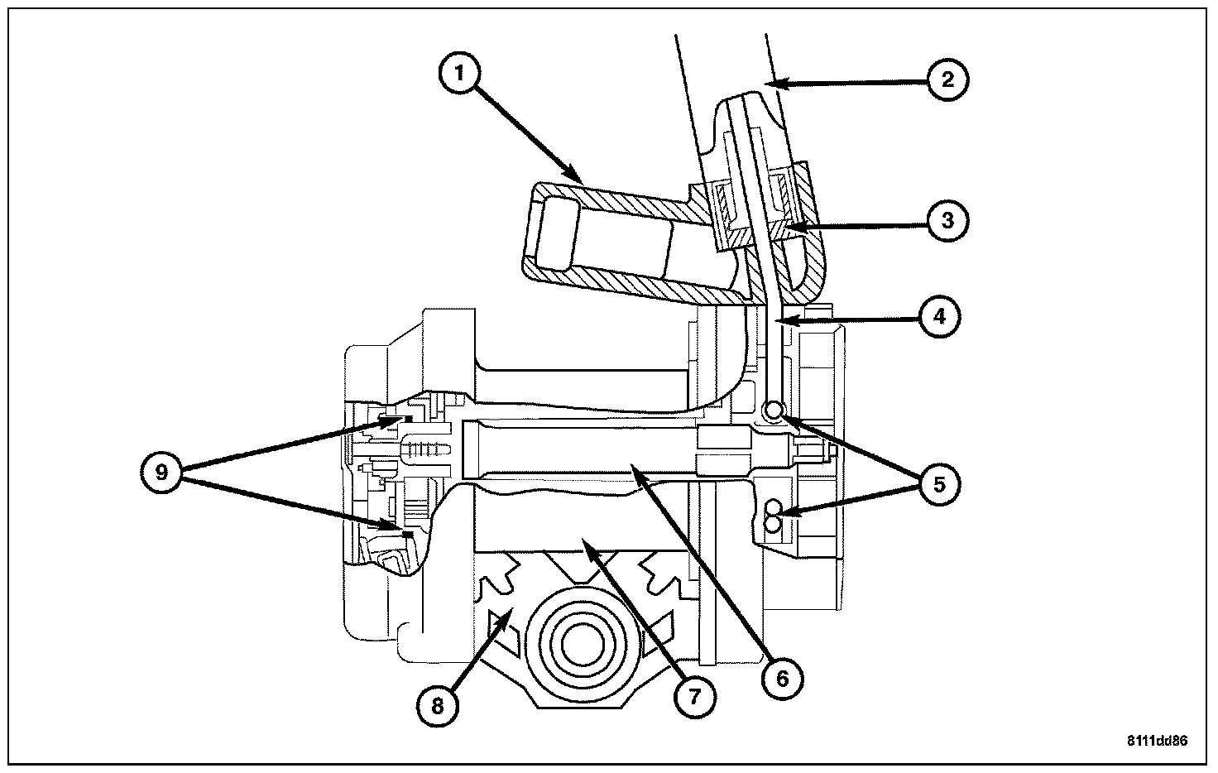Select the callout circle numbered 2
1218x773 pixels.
[947, 80]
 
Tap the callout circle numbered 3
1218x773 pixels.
[947, 220]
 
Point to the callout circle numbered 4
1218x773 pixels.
[940, 317]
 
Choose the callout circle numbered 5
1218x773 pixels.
[940, 484]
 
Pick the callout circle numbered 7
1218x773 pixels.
[694, 697]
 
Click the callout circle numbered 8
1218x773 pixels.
[438, 706]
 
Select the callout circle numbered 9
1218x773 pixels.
[161, 473]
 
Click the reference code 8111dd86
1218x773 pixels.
[1157, 741]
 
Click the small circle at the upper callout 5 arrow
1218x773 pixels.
[773, 409]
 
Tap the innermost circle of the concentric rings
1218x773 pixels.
[583, 646]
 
